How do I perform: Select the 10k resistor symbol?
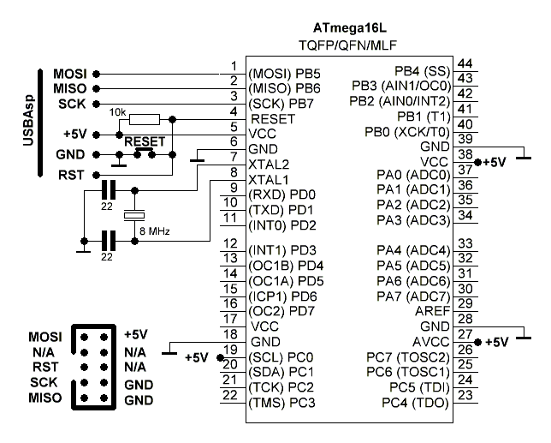tap(145, 119)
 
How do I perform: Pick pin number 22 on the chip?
tap(229, 395)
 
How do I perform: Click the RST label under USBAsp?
tap(68, 174)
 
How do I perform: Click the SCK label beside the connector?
tap(43, 383)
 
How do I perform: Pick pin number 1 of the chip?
tap(233, 65)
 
